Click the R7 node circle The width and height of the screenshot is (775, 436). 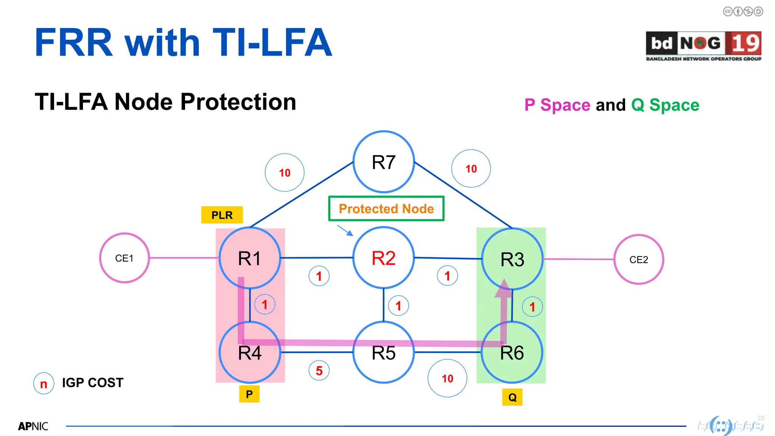(383, 162)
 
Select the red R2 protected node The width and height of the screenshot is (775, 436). (383, 258)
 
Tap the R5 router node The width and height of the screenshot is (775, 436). (383, 353)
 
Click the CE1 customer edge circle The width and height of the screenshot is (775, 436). (124, 258)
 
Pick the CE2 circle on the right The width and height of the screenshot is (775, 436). (638, 260)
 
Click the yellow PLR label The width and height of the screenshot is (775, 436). (222, 215)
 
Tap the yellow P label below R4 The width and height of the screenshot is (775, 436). (249, 394)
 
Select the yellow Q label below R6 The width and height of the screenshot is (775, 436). (512, 397)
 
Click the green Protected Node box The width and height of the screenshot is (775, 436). (386, 209)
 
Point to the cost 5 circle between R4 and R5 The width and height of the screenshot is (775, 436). (319, 371)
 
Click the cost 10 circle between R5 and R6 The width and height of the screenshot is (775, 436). (447, 378)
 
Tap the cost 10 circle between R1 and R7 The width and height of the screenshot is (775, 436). (285, 173)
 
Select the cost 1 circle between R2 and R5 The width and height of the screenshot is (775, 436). (398, 306)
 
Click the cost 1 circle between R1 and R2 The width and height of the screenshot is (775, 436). (319, 276)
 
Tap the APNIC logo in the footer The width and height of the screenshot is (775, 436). (33, 426)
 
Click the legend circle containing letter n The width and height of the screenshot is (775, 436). (44, 383)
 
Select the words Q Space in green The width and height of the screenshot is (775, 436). (665, 105)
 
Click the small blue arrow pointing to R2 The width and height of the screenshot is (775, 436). (345, 230)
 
